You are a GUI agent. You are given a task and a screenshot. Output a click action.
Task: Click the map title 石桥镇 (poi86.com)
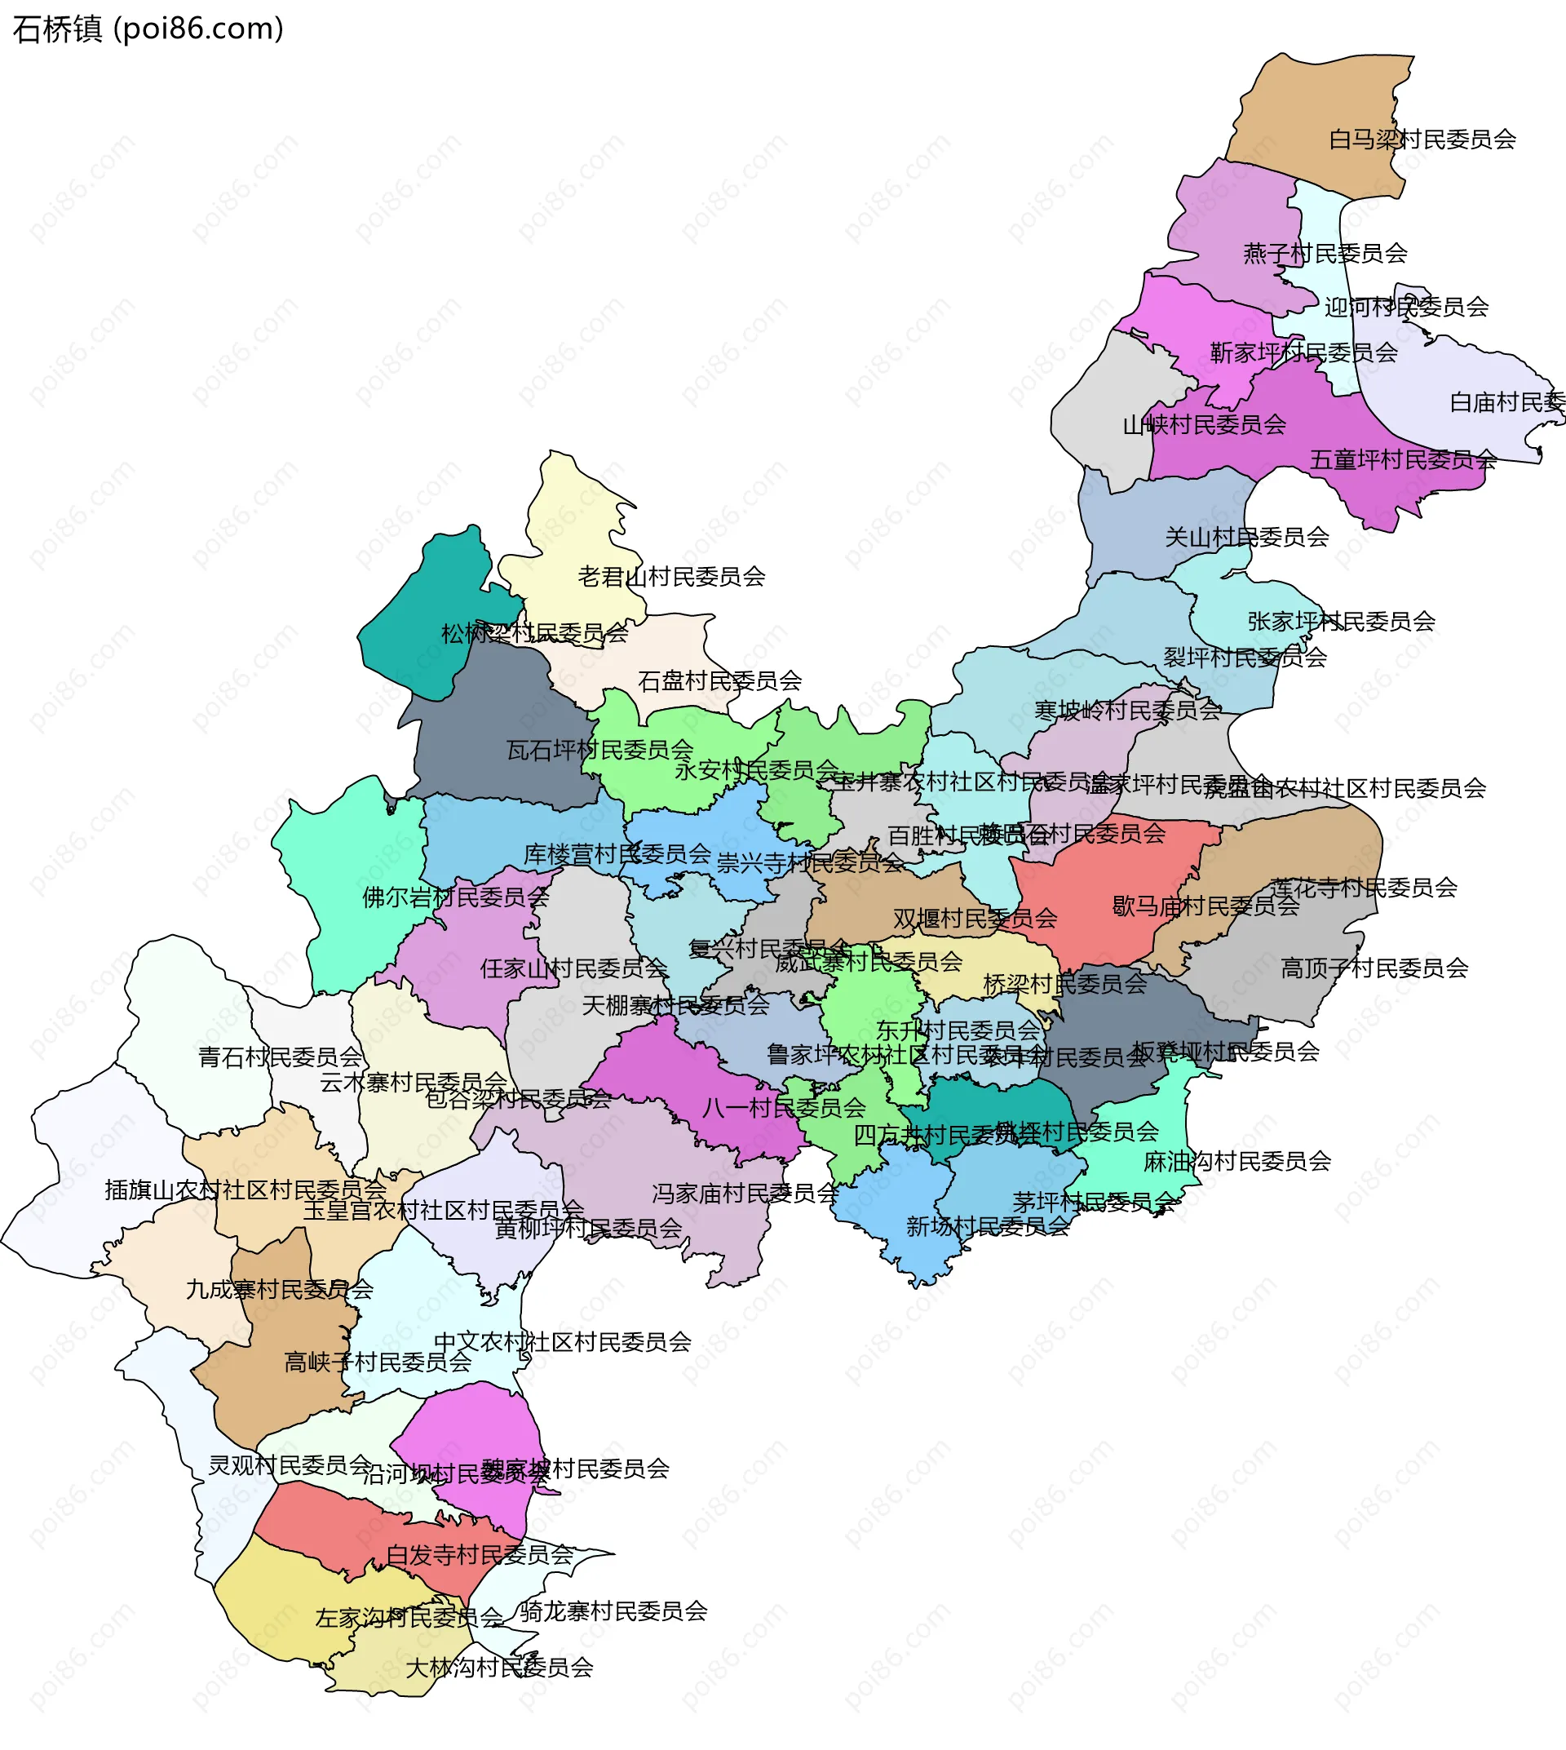(148, 29)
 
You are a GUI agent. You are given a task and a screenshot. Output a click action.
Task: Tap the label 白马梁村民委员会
(1422, 140)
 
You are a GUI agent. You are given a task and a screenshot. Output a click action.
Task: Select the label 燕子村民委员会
(1325, 254)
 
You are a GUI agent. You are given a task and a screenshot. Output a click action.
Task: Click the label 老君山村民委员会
(671, 577)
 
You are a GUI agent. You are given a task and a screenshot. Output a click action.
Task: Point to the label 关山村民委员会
(1246, 538)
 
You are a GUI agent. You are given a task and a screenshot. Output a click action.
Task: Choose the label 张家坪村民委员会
(1341, 622)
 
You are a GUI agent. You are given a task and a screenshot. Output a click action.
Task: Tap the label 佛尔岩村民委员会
(455, 897)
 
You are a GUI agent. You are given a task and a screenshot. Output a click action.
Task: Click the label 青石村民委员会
(281, 1057)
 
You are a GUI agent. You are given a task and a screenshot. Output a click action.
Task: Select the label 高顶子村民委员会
(1374, 969)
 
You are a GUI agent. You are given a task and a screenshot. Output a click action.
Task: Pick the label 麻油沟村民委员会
(1236, 1162)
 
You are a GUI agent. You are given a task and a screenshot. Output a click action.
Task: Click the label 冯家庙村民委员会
(745, 1194)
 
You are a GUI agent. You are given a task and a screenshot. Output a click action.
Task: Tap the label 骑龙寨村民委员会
(613, 1611)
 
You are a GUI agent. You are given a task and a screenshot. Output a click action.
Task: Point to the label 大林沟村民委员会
(499, 1668)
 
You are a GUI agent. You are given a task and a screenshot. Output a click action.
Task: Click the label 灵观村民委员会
(290, 1465)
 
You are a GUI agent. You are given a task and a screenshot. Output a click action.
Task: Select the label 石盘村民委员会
(719, 682)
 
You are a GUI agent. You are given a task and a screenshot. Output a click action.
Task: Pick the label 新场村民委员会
(987, 1227)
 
